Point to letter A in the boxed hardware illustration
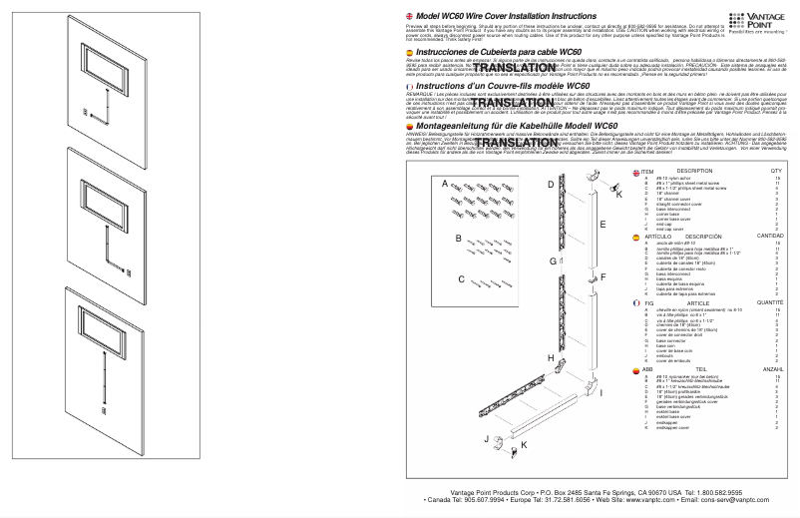pos(446,184)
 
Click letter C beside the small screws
pos(461,279)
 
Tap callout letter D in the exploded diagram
pos(550,185)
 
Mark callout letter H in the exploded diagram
pos(551,357)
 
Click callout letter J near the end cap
pos(486,438)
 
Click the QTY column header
pos(776,172)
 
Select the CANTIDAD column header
pos(769,237)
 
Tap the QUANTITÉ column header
pos(769,302)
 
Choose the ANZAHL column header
pos(772,368)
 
